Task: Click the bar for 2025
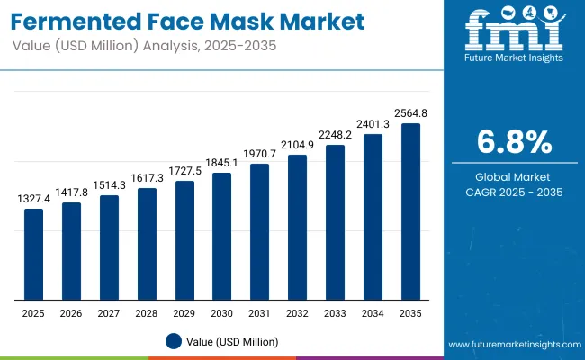tap(33, 255)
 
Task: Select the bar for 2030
tap(222, 237)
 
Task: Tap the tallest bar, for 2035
tap(410, 212)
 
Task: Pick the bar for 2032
tap(298, 228)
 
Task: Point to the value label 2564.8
tap(410, 114)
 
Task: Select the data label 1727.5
tap(184, 171)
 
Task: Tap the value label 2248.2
tap(335, 135)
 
